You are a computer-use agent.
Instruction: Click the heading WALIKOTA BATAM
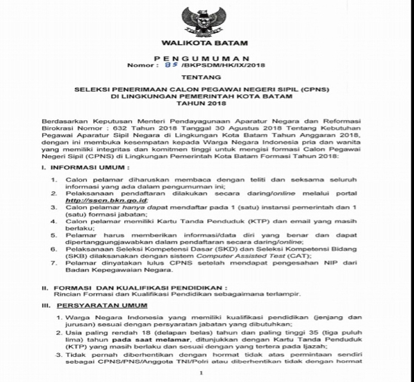204,43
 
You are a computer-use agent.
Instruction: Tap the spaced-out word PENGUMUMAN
202,59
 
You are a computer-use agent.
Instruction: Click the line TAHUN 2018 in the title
201,103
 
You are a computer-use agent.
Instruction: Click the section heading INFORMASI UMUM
90,167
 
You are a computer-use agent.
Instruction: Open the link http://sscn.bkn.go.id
106,200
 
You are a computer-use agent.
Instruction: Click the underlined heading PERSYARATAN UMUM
102,306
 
